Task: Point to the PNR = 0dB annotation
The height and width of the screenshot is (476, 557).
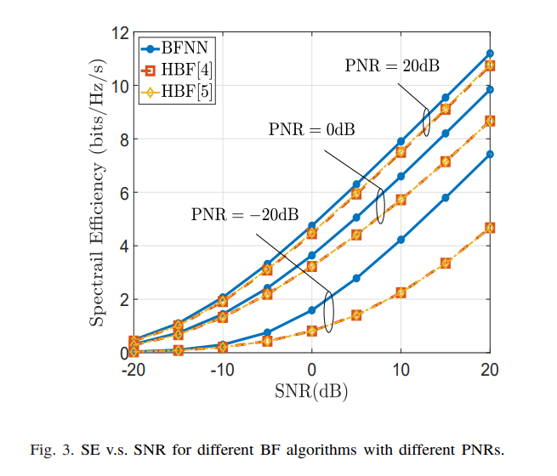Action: click(312, 129)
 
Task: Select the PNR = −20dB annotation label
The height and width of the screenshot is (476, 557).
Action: click(239, 214)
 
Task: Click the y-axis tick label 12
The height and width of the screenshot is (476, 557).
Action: click(118, 33)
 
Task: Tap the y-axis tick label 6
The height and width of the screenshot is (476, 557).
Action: click(122, 193)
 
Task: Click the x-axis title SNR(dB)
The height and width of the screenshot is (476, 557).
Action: click(311, 392)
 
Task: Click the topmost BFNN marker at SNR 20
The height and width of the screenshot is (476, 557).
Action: click(490, 54)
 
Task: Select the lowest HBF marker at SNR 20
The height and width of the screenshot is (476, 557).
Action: click(490, 228)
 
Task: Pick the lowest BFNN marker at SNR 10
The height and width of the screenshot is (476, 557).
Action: click(401, 240)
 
